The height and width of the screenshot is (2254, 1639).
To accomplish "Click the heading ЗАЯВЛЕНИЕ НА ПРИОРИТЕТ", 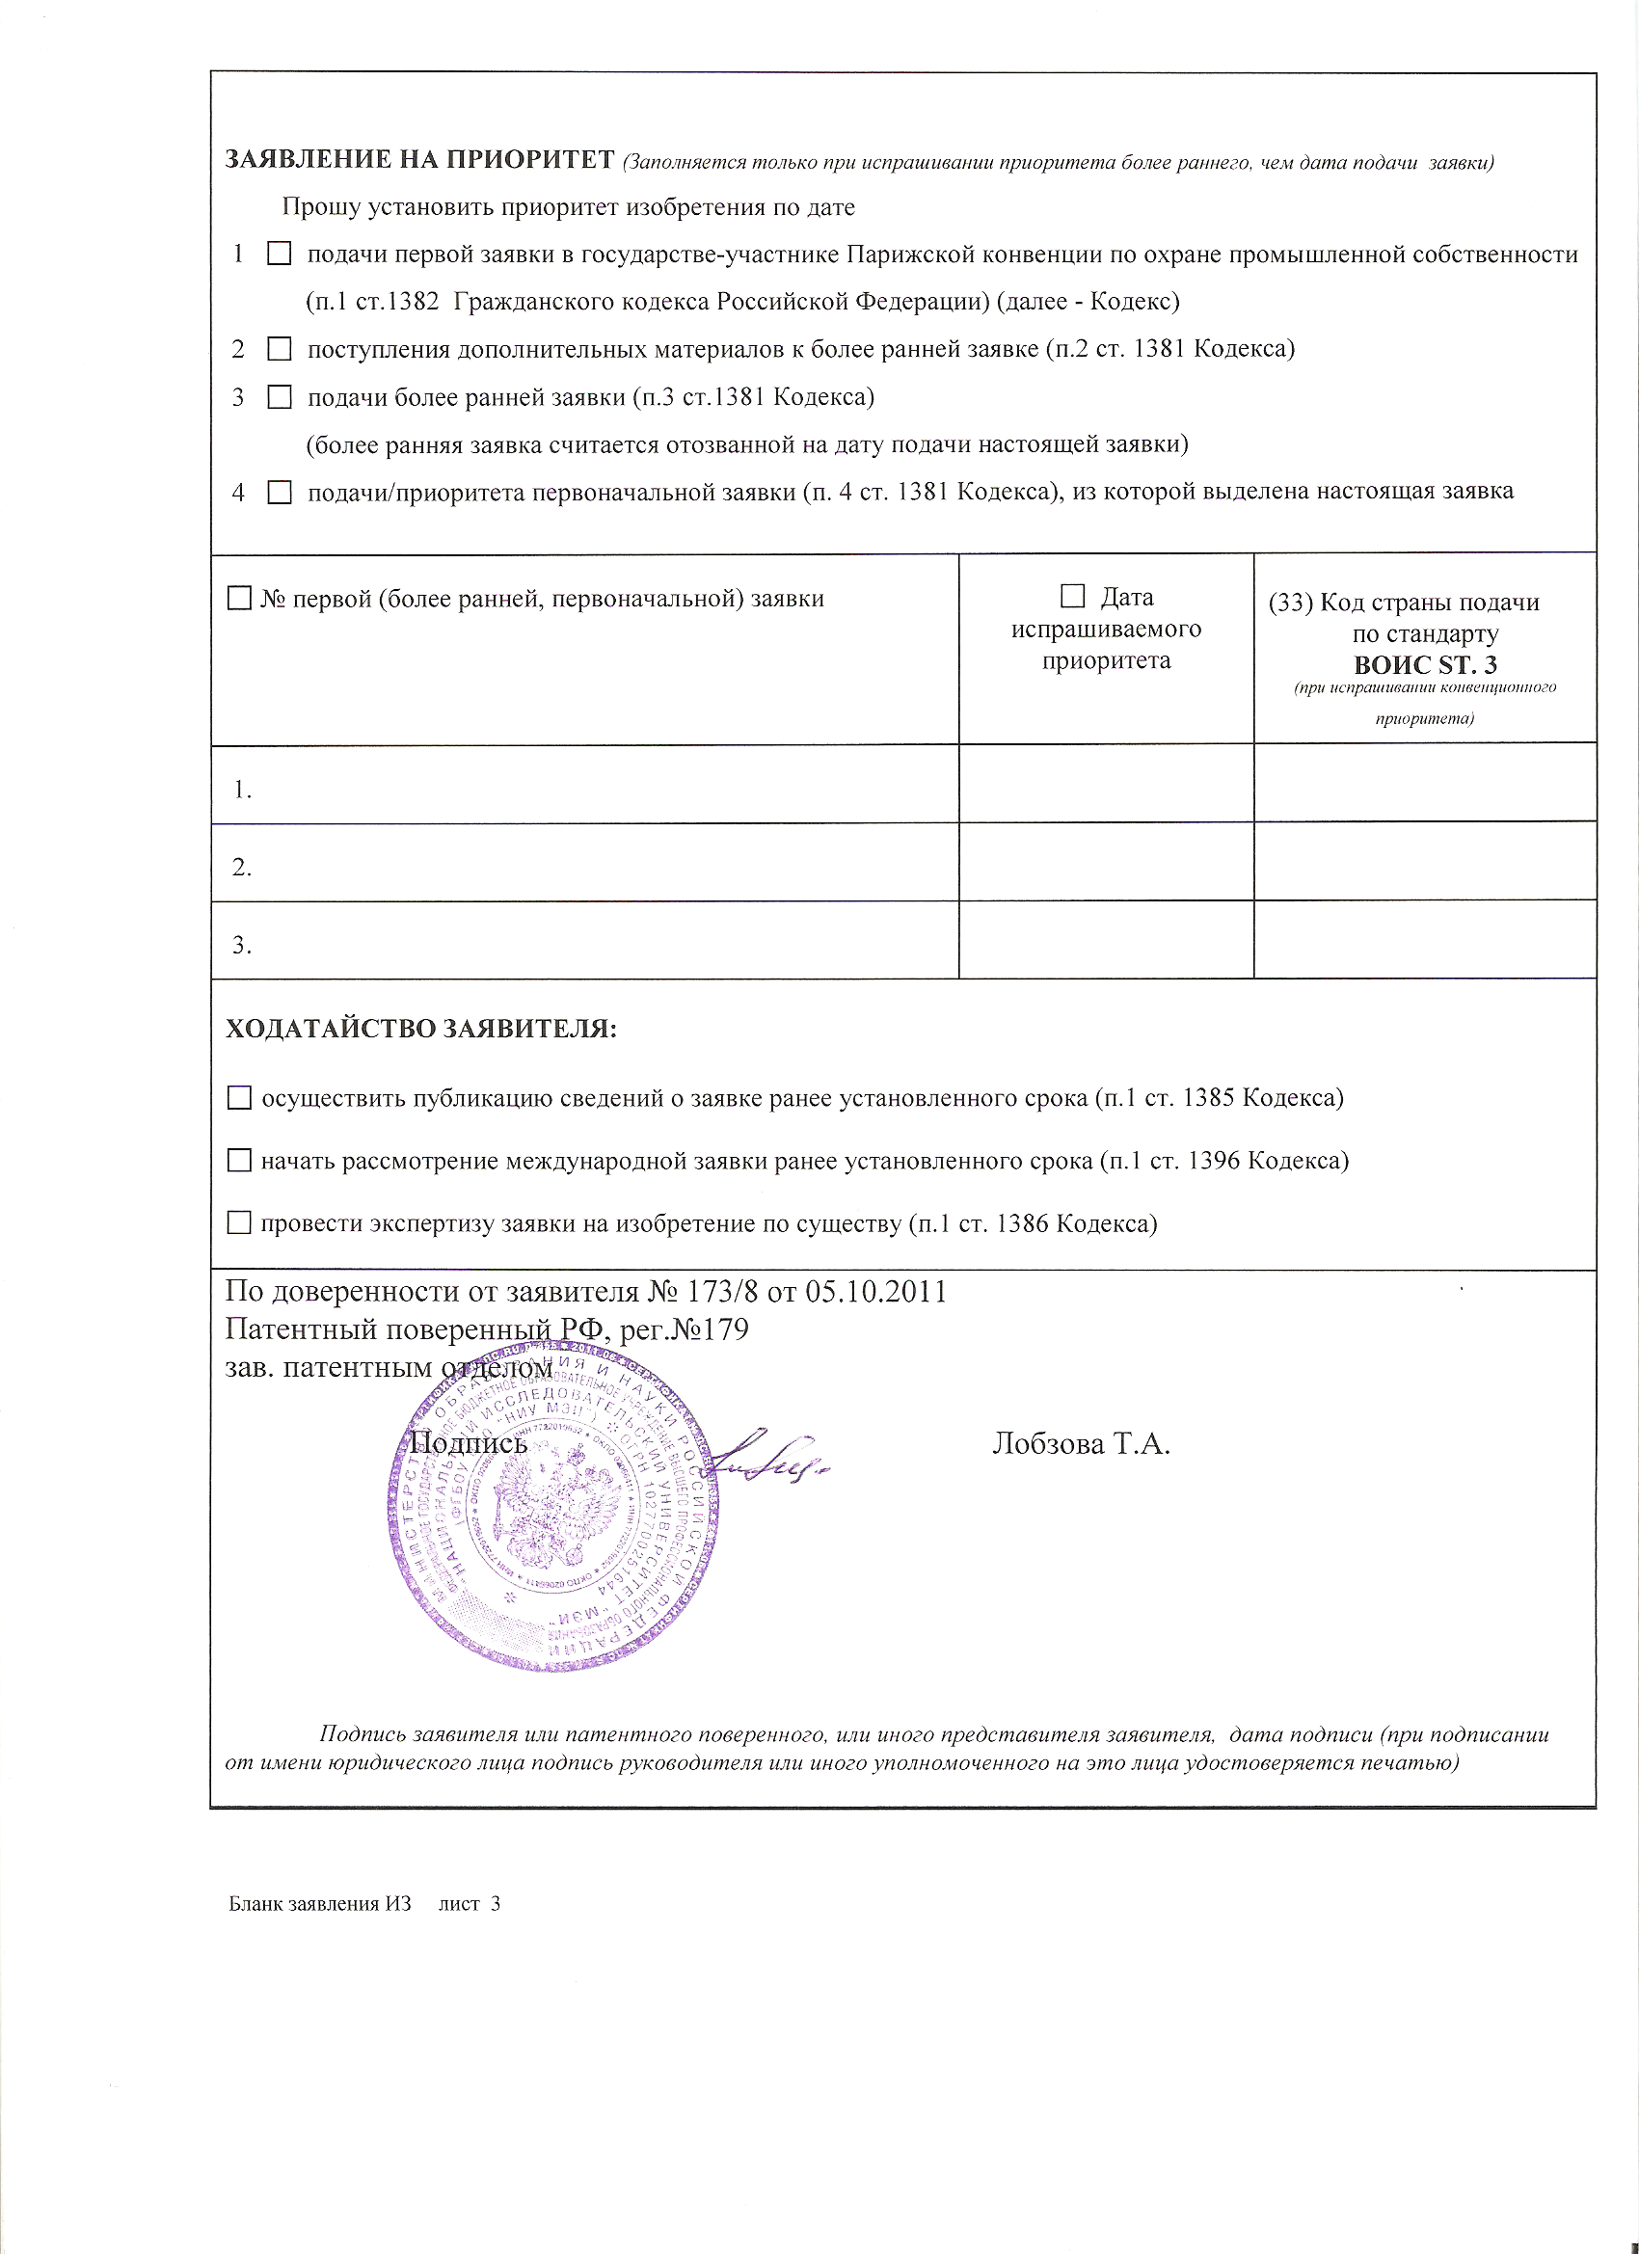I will pyautogui.click(x=419, y=160).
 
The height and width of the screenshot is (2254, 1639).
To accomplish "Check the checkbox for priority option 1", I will pyautogui.click(x=280, y=255).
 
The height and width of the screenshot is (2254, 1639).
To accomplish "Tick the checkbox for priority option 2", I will pyautogui.click(x=280, y=349).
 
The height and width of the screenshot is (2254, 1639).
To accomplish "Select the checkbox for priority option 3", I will pyautogui.click(x=280, y=397).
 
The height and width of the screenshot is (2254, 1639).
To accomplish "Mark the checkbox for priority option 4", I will pyautogui.click(x=280, y=492).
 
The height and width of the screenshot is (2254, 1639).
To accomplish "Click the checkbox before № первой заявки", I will pyautogui.click(x=239, y=599).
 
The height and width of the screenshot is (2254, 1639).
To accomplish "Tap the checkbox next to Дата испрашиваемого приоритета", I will pyautogui.click(x=1072, y=597).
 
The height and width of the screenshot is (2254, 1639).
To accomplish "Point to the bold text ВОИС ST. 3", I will pyautogui.click(x=1424, y=665).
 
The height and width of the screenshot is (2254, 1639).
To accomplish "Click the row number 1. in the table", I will pyautogui.click(x=242, y=791).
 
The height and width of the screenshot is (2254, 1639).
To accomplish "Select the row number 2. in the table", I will pyautogui.click(x=242, y=868).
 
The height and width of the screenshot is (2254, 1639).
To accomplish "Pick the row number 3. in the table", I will pyautogui.click(x=242, y=945).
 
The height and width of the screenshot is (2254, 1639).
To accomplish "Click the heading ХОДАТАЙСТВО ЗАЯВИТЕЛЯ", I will pyautogui.click(x=421, y=1029).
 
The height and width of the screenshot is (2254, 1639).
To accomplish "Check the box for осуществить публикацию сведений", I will pyautogui.click(x=239, y=1098).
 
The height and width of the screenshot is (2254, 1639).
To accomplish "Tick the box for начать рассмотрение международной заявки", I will pyautogui.click(x=239, y=1161).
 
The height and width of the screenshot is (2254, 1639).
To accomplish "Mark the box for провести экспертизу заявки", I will pyautogui.click(x=239, y=1223).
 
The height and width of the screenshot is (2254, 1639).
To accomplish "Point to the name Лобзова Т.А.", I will pyautogui.click(x=1081, y=1444).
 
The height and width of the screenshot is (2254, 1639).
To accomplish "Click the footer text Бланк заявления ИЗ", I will pyautogui.click(x=319, y=1904).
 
